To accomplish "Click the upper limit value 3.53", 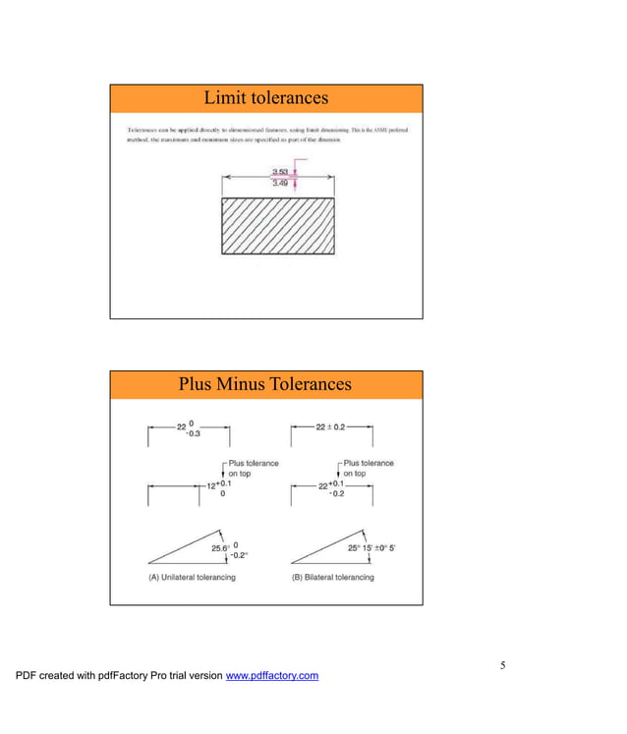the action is [280, 172].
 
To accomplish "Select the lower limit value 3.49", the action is [280, 183].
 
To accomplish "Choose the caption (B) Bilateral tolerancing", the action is [333, 577].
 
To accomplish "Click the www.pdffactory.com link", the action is [272, 676].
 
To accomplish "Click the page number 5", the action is [502, 666].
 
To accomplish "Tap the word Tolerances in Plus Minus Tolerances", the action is [310, 384].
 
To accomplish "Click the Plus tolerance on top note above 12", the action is [253, 468].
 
